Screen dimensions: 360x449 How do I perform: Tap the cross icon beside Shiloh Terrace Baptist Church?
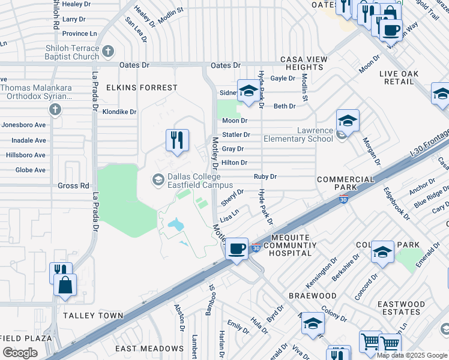click(109, 52)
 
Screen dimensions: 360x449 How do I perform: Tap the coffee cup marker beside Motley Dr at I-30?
click(237, 248)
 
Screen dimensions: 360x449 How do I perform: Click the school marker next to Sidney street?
click(247, 91)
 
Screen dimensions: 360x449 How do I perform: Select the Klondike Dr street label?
click(119, 112)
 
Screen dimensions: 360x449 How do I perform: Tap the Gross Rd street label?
click(73, 186)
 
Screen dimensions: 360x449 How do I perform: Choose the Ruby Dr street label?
click(265, 177)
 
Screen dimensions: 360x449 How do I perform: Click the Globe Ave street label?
click(31, 170)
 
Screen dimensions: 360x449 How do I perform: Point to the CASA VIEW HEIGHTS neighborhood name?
click(305, 64)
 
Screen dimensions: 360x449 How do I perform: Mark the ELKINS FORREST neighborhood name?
click(142, 88)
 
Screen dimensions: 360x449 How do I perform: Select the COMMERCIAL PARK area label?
click(345, 184)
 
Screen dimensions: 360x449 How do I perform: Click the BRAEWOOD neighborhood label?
click(312, 296)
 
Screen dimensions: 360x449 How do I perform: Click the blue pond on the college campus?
click(176, 226)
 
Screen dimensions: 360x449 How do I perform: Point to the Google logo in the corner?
click(20, 353)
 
